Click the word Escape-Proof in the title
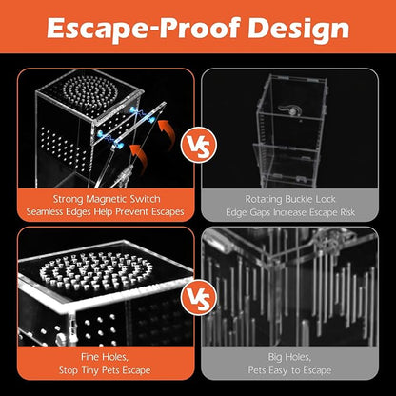pyautogui.click(x=143, y=29)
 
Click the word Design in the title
pyautogui.click(x=298, y=29)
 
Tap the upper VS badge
pyautogui.click(x=199, y=146)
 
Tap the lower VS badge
pyautogui.click(x=199, y=297)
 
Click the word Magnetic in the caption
pyautogui.click(x=107, y=199)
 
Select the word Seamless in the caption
pyautogui.click(x=45, y=212)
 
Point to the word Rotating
pyautogui.click(x=264, y=199)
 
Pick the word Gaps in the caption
pyautogui.click(x=260, y=212)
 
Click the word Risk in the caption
pyautogui.click(x=347, y=212)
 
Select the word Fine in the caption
pyautogui.click(x=89, y=357)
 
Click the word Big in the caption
pyautogui.click(x=275, y=357)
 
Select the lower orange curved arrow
pyautogui.click(x=140, y=159)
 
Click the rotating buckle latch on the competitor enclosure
pyautogui.click(x=288, y=109)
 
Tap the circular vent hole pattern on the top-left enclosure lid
pyautogui.click(x=90, y=92)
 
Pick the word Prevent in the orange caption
pyautogui.click(x=132, y=212)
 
